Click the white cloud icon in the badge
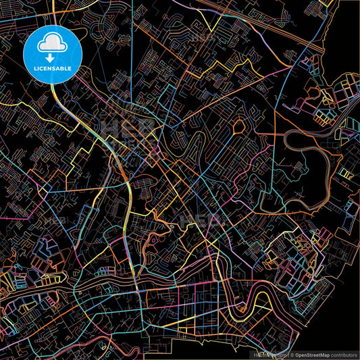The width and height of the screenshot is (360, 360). [x=52, y=45]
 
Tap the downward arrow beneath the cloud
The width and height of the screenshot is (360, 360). [x=52, y=57]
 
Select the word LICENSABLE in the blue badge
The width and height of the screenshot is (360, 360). [x=52, y=68]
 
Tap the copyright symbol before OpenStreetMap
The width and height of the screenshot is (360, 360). [x=292, y=355]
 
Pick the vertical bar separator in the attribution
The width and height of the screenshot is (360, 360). [x=287, y=355]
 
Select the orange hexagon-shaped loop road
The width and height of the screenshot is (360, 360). [x=240, y=126]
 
